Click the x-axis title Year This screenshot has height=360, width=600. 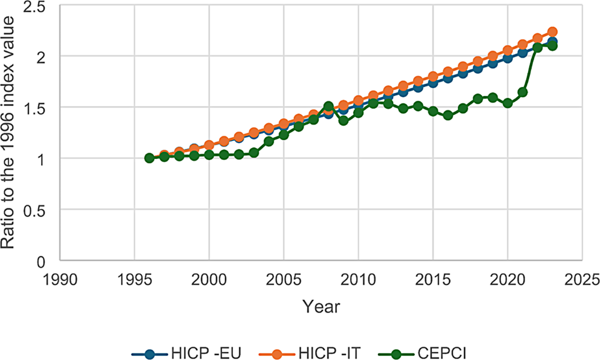click(321, 306)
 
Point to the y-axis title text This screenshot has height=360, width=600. click(11, 133)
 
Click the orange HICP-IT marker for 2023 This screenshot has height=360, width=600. click(552, 31)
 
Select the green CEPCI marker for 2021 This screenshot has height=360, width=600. click(522, 92)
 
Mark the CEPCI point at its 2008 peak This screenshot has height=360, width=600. click(328, 106)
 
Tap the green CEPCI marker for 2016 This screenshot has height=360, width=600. click(448, 115)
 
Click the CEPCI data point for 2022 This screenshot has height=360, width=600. click(537, 47)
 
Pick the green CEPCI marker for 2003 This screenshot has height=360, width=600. click(254, 152)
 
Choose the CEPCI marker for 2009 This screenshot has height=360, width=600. click(343, 120)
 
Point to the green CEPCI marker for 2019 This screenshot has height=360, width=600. click(492, 97)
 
